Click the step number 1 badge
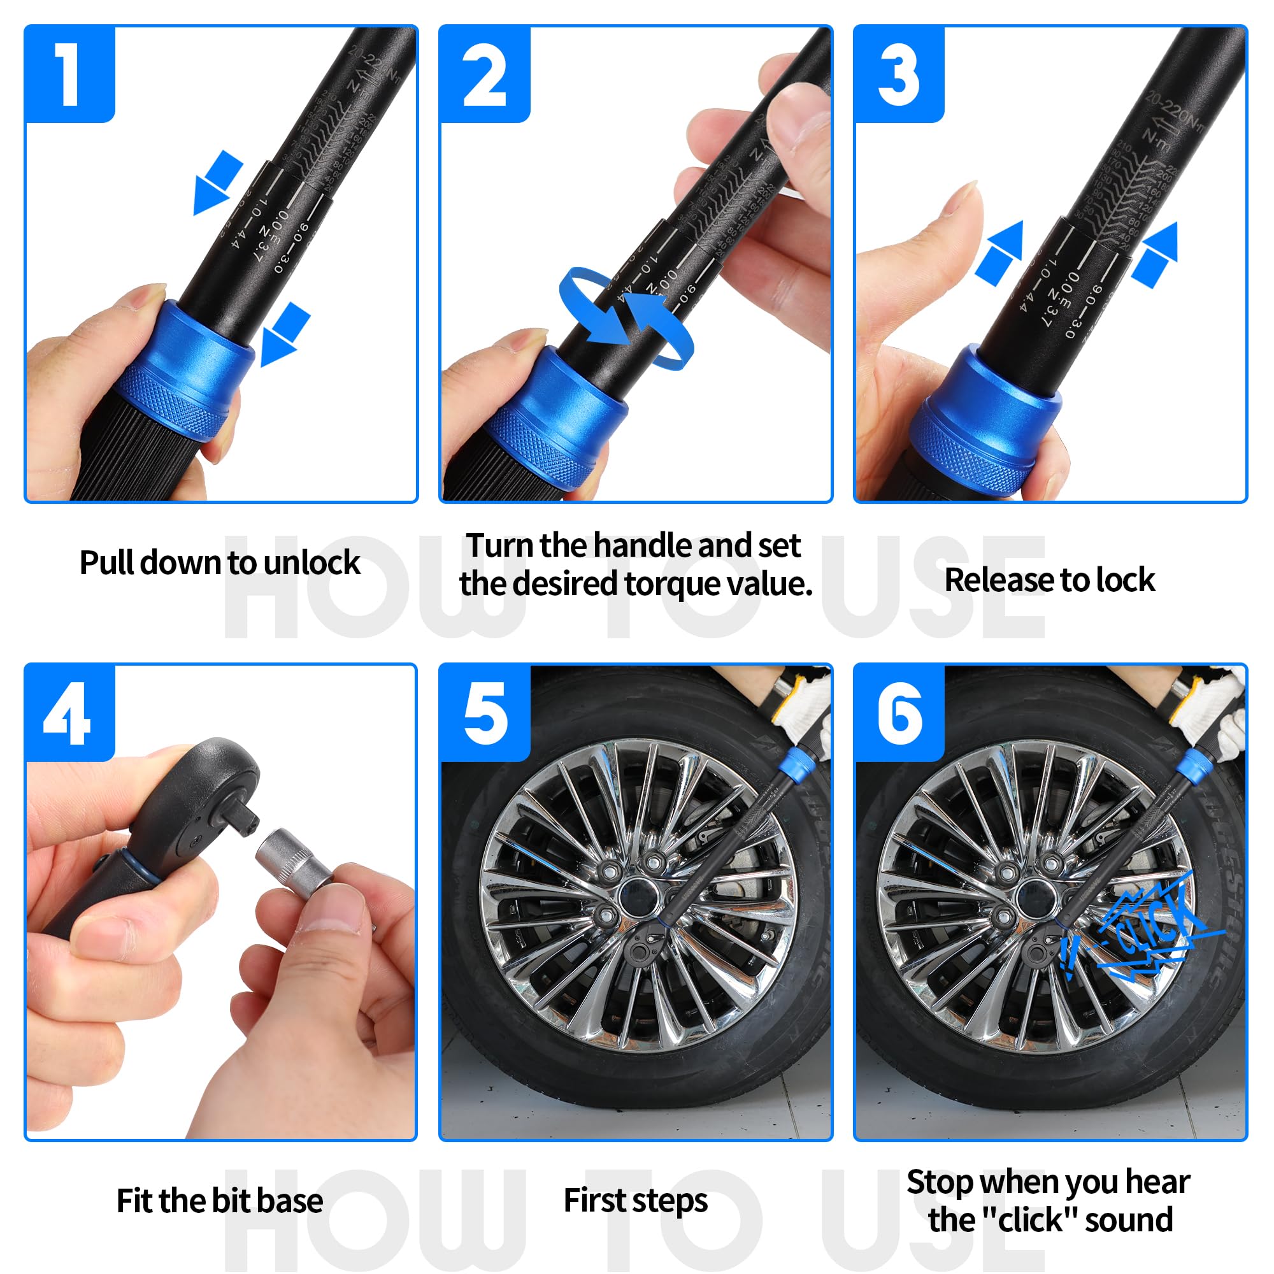(x=69, y=74)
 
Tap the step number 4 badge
(x=69, y=713)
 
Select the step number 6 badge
(x=899, y=713)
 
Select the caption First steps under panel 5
(x=636, y=1199)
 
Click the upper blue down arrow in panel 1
(x=217, y=182)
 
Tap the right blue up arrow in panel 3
(x=1157, y=254)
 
